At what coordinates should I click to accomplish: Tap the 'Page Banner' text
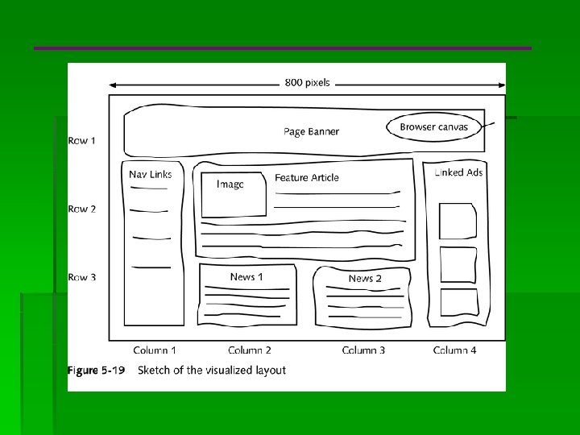311,131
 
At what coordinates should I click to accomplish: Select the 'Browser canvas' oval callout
433,127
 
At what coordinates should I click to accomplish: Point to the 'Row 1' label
81,141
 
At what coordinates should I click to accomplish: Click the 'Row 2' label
81,209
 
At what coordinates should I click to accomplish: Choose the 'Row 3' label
81,278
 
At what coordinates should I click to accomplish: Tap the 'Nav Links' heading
150,174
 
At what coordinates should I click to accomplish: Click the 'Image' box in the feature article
233,194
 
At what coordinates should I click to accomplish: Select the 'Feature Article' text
307,178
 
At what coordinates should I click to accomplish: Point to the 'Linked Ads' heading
458,172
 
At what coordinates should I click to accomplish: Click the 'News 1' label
246,277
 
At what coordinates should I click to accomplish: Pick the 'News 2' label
365,279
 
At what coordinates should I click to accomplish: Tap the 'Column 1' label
155,350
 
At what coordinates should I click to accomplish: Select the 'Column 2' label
250,350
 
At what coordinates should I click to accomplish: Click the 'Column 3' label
363,350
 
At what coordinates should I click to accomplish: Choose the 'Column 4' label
454,350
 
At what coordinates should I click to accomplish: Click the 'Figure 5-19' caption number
93,371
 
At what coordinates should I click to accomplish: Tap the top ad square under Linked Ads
457,221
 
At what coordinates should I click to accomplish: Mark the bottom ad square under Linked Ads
458,302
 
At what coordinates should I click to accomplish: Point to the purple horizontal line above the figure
283,48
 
